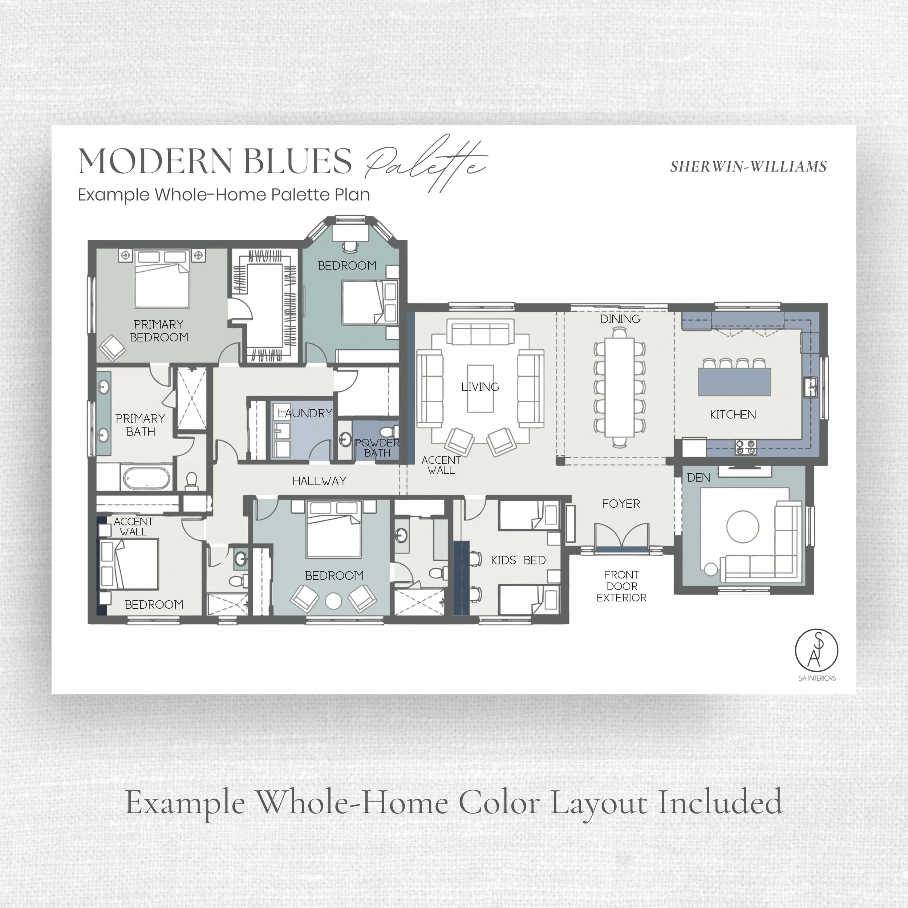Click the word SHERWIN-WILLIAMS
click(x=748, y=167)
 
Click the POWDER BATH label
click(x=377, y=448)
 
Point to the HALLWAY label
click(x=320, y=481)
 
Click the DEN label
click(x=699, y=478)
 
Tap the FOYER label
click(x=621, y=504)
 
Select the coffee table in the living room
click(x=480, y=389)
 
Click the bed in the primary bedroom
click(x=162, y=279)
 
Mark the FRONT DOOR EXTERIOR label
click(x=621, y=586)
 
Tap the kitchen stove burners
click(x=746, y=447)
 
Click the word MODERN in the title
click(x=155, y=161)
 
